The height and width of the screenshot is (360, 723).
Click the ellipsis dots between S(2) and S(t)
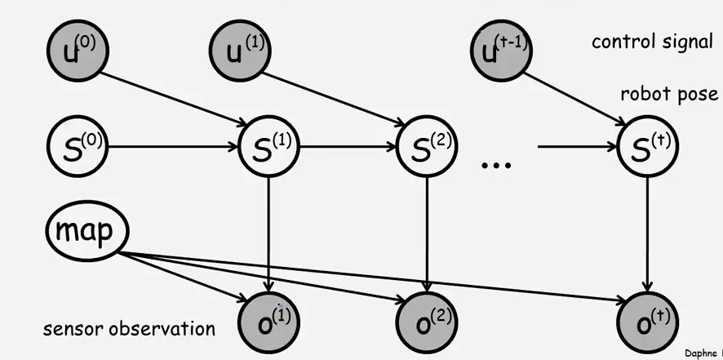[x=496, y=164]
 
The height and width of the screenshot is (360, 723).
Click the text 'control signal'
[x=652, y=42]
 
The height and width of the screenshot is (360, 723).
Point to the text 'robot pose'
[x=669, y=94]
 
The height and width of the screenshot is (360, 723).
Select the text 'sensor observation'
[x=129, y=329]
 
